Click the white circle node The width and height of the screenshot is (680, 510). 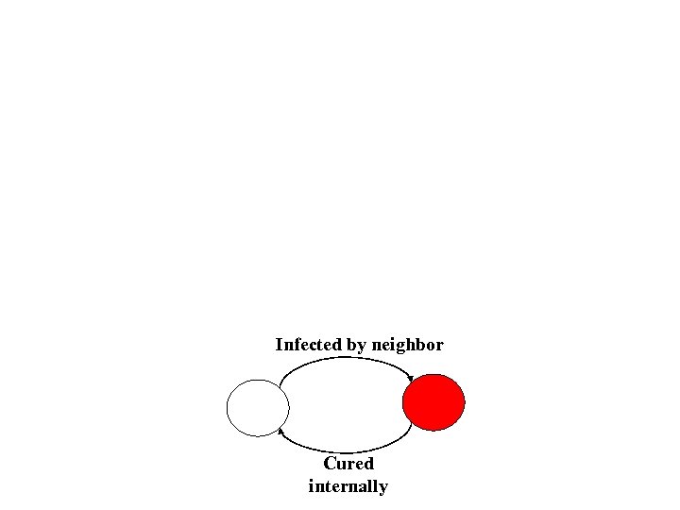pos(257,408)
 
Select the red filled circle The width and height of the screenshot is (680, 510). pos(433,402)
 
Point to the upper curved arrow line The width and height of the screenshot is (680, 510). pos(346,359)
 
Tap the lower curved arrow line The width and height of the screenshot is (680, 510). pos(346,448)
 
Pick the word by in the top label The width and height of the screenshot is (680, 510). pos(356,346)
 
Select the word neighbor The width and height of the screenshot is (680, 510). pos(407,345)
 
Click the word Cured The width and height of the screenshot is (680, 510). pos(348,464)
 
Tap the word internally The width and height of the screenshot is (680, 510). pos(348,486)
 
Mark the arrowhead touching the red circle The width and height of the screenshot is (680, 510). pos(410,381)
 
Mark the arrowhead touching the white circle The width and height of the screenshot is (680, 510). pos(281,433)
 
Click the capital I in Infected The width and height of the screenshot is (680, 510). pos(279,345)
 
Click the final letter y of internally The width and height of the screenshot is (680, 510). pos(382,488)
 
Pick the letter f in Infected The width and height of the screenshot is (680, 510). pos(295,345)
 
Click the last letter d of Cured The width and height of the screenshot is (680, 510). pos(368,464)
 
